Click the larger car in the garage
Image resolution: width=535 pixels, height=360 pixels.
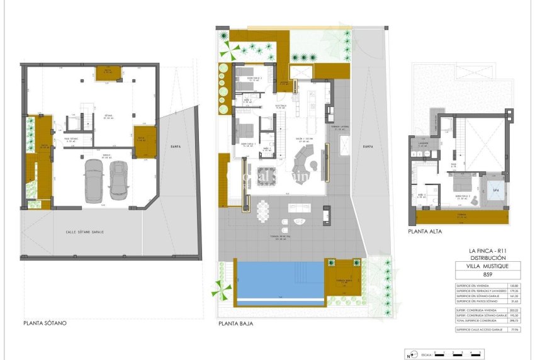click(94, 181)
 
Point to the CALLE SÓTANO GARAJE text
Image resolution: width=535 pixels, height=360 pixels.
click(89, 232)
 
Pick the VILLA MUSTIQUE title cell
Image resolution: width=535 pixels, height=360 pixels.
click(488, 266)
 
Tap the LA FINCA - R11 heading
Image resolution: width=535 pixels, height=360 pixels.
click(488, 251)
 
